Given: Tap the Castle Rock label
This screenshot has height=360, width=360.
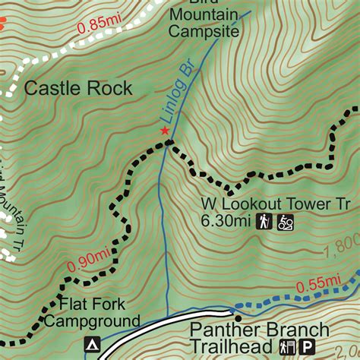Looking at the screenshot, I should point(78,88).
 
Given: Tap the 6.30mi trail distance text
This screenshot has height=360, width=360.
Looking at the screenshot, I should point(226,222).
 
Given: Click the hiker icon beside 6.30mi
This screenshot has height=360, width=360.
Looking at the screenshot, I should point(264,222).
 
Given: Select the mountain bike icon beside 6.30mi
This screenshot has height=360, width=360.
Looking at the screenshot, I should point(286,222).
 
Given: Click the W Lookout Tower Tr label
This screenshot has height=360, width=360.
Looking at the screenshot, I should point(276,204).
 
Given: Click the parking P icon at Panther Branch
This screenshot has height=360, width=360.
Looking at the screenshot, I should point(308,347).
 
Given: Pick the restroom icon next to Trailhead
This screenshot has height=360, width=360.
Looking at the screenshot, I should point(289,347).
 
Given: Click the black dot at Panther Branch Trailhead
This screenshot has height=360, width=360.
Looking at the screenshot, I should point(238,319).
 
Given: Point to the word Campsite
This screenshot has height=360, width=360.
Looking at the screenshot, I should point(204,31).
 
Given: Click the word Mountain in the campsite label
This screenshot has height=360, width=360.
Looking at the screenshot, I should point(204,16).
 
